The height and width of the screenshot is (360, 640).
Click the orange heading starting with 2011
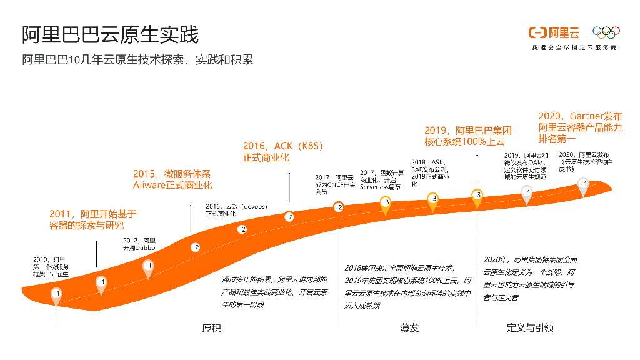tap(92, 219)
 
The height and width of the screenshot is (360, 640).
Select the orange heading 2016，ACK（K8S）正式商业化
tap(283, 152)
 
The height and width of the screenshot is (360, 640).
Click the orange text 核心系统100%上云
tap(465, 142)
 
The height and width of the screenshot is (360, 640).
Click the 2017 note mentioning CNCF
tap(334, 185)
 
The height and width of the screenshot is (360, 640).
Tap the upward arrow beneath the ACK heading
tap(289, 187)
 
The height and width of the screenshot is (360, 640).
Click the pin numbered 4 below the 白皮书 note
tap(584, 186)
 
